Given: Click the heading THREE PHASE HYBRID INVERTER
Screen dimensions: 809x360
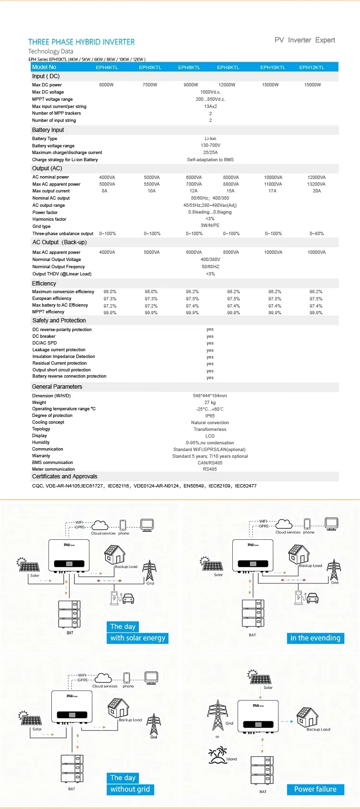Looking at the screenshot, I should (82, 42).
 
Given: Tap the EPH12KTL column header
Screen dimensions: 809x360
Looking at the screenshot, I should (312, 68).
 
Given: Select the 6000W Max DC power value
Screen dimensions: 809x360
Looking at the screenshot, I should (107, 85).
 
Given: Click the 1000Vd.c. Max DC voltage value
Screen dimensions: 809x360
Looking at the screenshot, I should (210, 92).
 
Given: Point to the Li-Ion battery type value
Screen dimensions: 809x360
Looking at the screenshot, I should (210, 139).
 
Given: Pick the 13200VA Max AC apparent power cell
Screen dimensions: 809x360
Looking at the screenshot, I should (316, 184).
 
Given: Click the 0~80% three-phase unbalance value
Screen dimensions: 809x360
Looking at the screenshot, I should (317, 234).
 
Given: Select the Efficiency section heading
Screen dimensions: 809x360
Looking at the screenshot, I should (44, 284).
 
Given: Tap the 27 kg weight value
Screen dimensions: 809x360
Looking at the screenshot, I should (210, 403).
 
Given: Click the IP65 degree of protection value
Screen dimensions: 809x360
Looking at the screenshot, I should (210, 416).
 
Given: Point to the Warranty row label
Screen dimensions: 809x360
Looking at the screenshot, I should (41, 456).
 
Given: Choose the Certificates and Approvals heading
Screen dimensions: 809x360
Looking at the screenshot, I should (65, 476).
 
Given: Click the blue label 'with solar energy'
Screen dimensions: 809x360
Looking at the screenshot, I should (138, 638).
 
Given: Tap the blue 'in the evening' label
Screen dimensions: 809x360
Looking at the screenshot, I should (315, 638).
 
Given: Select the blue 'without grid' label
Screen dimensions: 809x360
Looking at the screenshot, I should (130, 789).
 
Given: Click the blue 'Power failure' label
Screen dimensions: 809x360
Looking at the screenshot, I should (315, 789).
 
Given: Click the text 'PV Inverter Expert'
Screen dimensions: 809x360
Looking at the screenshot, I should (305, 40).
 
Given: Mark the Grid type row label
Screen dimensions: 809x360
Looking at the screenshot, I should (41, 226).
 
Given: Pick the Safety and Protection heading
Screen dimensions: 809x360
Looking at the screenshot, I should (59, 321).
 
